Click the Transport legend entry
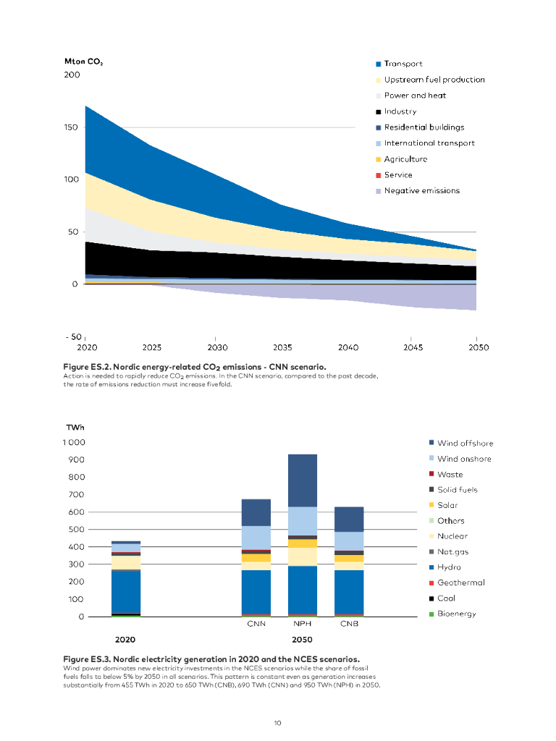click(x=403, y=64)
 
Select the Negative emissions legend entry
click(x=421, y=191)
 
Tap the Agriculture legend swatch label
click(x=405, y=159)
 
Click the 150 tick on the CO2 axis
click(x=71, y=127)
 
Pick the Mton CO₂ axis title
click(x=84, y=62)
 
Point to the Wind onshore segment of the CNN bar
click(x=256, y=537)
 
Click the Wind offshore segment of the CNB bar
click(x=349, y=519)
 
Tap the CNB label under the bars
click(x=349, y=624)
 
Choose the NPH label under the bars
click(x=303, y=624)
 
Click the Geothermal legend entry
click(x=460, y=583)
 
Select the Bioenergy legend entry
click(x=456, y=614)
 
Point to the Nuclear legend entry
click(x=452, y=536)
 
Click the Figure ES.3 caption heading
click(x=211, y=659)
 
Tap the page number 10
click(x=277, y=722)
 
